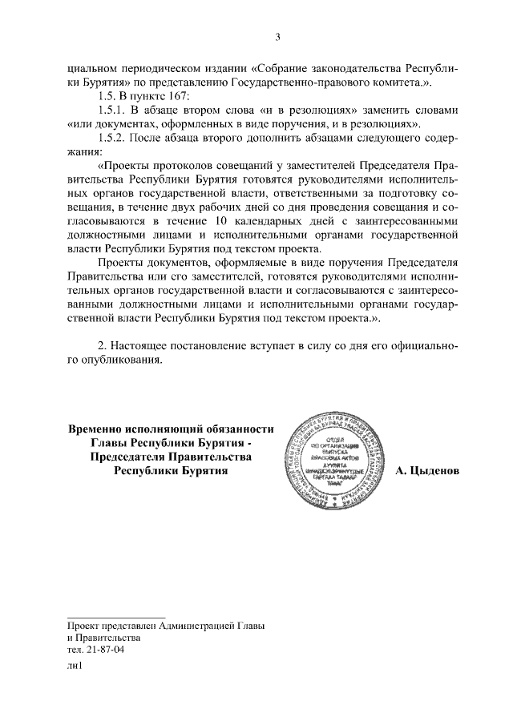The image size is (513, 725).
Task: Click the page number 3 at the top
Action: click(278, 36)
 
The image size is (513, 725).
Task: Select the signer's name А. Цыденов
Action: click(427, 471)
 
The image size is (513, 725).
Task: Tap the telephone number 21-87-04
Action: click(107, 650)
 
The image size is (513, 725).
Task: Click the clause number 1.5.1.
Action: click(111, 109)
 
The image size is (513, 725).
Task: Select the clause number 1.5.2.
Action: click(111, 138)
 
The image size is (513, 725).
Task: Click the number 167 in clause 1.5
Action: click(175, 95)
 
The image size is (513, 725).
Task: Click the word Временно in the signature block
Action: click(100, 429)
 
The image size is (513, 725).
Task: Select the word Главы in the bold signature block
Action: click(107, 443)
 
